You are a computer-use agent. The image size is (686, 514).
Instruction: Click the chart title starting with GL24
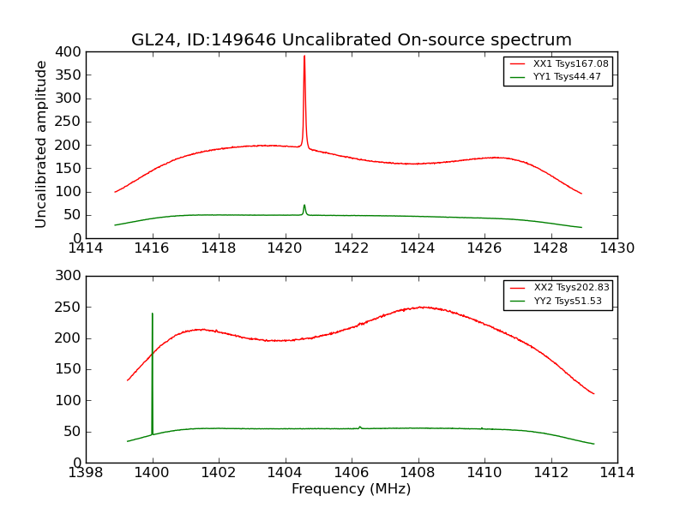[x=351, y=40]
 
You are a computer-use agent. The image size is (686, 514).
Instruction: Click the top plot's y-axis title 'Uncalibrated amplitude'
[x=41, y=144]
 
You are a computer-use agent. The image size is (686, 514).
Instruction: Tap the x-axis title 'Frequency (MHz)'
[x=351, y=489]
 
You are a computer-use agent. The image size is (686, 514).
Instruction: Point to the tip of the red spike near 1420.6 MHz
[x=304, y=57]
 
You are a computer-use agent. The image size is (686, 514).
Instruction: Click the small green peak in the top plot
[x=304, y=206]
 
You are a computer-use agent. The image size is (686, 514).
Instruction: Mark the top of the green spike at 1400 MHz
[x=153, y=314]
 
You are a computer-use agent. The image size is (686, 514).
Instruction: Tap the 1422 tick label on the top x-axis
[x=351, y=248]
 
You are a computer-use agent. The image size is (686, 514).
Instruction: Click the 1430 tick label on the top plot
[x=617, y=248]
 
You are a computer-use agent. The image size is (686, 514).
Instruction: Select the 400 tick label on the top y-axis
[x=69, y=52]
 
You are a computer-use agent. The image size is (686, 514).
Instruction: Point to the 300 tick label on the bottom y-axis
[x=69, y=276]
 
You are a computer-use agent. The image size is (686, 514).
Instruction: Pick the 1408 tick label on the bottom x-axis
[x=418, y=472]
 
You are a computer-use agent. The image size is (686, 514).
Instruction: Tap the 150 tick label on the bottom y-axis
[x=69, y=369]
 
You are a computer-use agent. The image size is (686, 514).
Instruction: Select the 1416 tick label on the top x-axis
[x=152, y=248]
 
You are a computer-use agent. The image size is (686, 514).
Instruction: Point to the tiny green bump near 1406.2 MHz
[x=359, y=427]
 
